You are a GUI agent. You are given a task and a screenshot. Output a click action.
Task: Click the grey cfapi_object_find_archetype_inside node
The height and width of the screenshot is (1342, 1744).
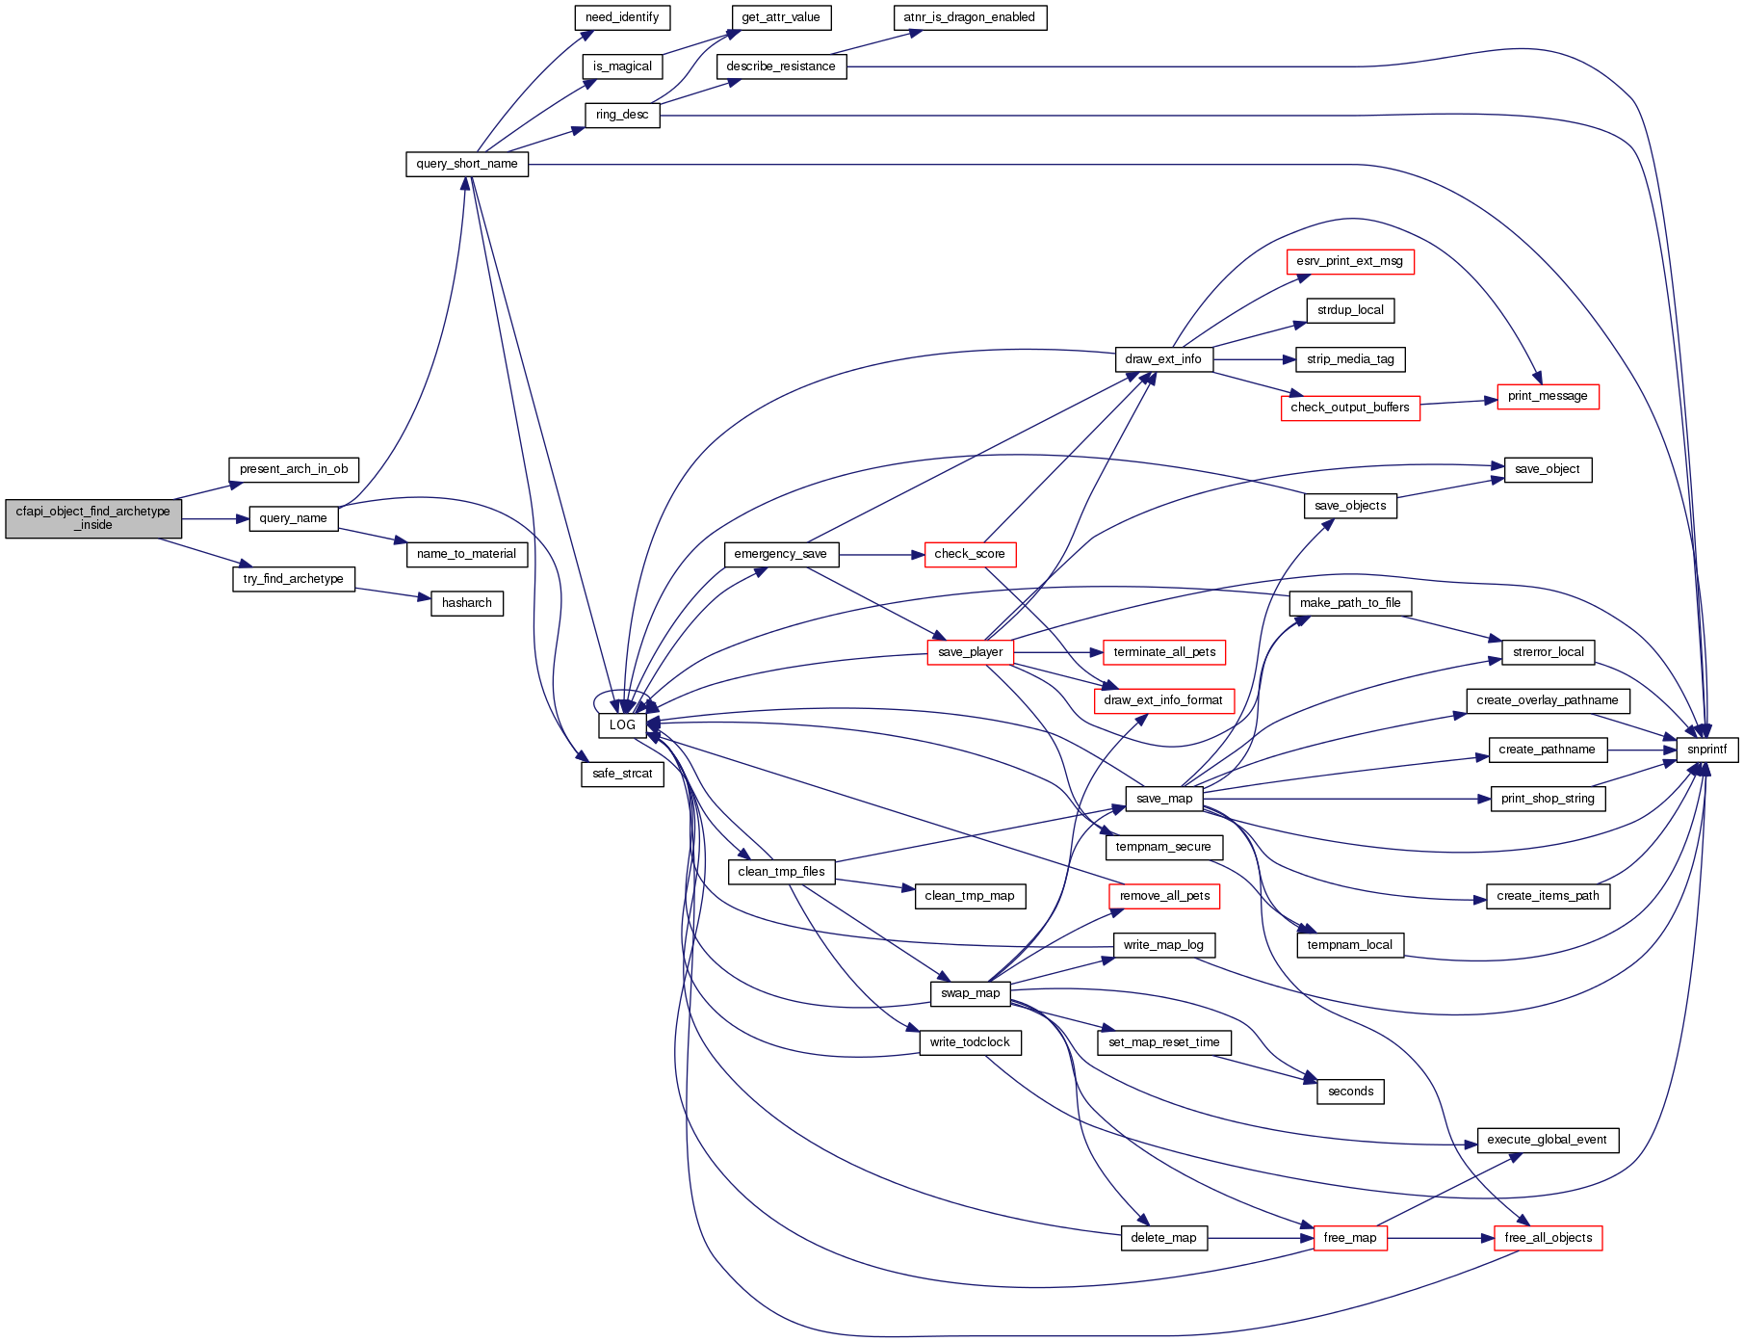pos(93,518)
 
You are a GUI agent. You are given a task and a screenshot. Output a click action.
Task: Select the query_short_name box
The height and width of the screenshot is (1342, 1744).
pos(467,164)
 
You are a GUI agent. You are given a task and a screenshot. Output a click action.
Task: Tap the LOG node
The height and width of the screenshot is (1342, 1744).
pos(622,724)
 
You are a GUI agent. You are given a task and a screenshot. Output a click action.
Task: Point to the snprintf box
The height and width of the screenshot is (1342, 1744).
pos(1706,750)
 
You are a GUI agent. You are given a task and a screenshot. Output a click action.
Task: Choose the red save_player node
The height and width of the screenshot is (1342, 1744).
pos(970,652)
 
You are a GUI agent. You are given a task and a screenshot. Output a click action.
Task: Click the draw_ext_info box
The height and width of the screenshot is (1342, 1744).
pos(1163,359)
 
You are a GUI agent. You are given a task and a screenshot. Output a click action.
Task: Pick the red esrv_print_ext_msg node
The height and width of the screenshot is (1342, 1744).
pos(1349,261)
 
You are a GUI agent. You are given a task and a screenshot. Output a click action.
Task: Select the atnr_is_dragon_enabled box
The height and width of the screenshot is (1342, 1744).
pos(969,17)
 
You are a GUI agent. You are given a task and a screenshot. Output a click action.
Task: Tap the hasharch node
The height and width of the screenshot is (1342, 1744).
pos(467,603)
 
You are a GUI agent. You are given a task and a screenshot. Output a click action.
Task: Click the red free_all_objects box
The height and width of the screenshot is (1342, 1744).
pos(1548,1238)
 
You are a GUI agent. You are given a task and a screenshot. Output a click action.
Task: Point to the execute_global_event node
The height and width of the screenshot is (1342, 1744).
pos(1547,1140)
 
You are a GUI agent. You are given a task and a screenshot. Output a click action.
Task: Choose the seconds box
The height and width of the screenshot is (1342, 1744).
pos(1350,1092)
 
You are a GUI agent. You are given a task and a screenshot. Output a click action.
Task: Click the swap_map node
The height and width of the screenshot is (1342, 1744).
pos(970,993)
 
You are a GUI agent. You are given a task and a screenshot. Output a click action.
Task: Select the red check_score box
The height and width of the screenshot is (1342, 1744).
pos(970,554)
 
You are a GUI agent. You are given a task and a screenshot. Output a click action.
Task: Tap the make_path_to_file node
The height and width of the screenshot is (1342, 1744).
pos(1350,603)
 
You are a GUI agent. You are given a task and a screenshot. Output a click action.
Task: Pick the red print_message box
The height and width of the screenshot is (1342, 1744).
pos(1548,396)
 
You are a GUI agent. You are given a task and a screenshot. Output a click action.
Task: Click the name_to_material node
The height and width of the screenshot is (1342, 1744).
pos(467,554)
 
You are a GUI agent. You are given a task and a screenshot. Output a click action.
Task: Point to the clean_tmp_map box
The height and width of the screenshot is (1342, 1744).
pos(970,896)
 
